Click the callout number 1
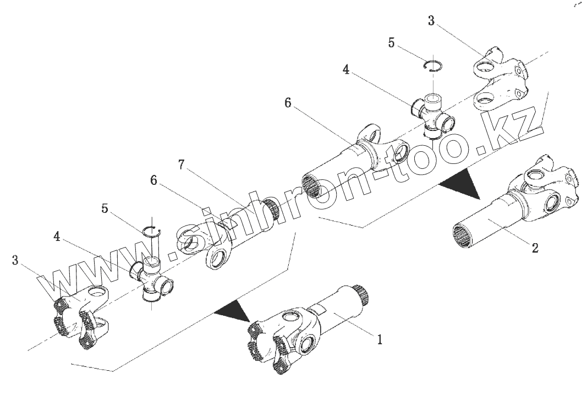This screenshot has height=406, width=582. coord(378,339)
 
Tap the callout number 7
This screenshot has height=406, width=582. coord(182,164)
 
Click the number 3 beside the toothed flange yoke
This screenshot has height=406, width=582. coord(15,259)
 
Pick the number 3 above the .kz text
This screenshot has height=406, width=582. coord(431,21)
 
